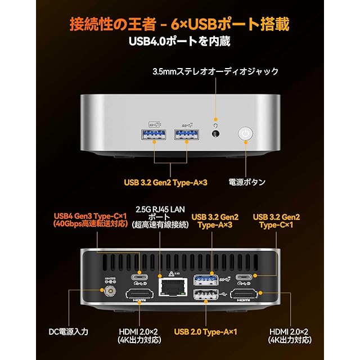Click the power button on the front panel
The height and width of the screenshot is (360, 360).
[x=246, y=134]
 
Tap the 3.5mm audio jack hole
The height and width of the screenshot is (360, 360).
[x=214, y=134]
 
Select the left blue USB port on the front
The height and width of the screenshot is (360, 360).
[x=155, y=134]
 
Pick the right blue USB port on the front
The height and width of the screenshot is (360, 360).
[x=186, y=134]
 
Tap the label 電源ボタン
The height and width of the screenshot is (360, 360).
[x=247, y=182]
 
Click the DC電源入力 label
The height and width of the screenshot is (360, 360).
[x=67, y=332]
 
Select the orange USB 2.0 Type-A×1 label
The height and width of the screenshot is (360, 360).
[x=205, y=332]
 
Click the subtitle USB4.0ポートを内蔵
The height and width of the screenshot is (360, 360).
[x=179, y=42]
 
